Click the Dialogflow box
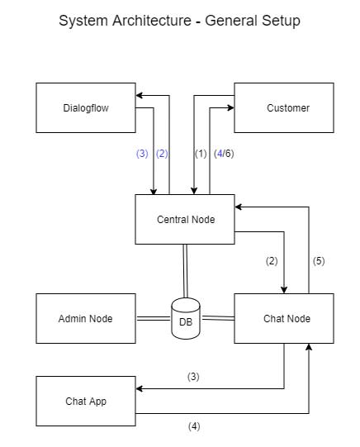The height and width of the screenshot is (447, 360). point(86,107)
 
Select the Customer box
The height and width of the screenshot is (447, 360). point(284,107)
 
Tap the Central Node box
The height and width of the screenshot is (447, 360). point(185,219)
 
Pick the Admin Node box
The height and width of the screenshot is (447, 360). point(86,318)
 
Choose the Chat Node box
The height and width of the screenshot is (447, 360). point(284,318)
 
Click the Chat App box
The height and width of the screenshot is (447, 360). point(86,401)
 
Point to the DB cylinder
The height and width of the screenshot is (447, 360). point(186,318)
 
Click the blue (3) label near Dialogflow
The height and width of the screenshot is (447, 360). point(142,154)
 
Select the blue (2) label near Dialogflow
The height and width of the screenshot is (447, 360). point(162,154)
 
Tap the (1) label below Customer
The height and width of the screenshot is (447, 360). point(201,154)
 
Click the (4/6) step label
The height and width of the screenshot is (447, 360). point(224,154)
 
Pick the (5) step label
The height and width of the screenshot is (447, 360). point(319,261)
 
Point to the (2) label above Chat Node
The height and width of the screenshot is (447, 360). point(272,261)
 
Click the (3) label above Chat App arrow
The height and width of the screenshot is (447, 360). point(193,377)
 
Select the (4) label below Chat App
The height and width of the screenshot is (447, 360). point(194,426)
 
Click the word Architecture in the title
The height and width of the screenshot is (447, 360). point(152,21)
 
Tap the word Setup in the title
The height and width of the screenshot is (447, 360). point(281,21)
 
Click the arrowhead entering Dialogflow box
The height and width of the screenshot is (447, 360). point(139,95)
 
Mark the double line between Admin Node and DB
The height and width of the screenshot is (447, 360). point(154,318)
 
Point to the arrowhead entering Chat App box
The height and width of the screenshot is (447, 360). point(139,388)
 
